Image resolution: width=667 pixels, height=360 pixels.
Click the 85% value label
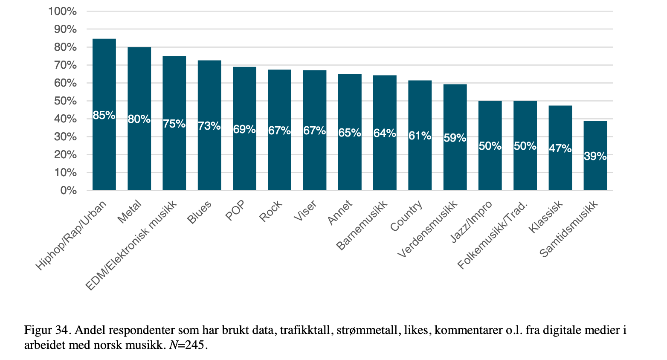(104, 115)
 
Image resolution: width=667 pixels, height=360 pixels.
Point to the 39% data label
(595, 157)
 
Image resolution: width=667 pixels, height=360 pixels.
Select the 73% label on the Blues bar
(209, 126)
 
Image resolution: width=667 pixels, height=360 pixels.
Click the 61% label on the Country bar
(420, 136)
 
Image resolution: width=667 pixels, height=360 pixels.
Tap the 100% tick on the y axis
(63, 12)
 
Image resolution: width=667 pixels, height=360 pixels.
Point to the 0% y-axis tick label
(68, 191)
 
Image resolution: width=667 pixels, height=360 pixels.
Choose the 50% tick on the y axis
(65, 101)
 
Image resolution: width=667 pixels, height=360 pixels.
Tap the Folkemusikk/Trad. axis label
(493, 235)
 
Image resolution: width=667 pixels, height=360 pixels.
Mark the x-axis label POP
(235, 211)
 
